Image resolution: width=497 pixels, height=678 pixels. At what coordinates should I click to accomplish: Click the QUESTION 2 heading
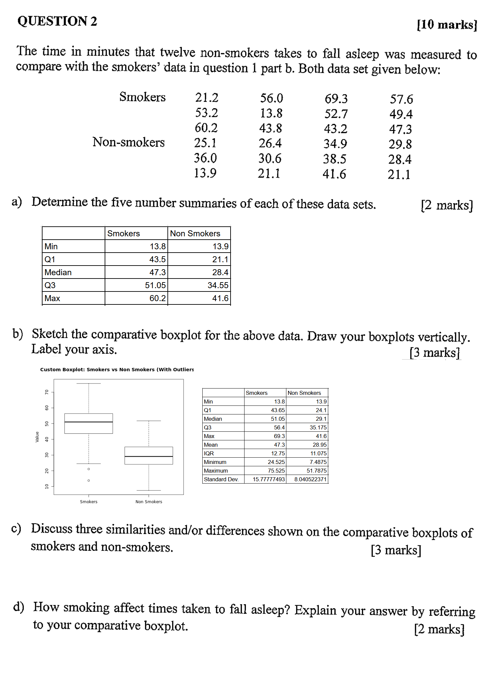[x=57, y=21]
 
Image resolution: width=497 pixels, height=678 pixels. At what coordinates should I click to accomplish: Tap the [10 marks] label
[x=447, y=25]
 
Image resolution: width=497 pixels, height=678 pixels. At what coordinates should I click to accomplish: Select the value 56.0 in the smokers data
[x=271, y=98]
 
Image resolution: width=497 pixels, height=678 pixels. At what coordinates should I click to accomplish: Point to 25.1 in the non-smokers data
[x=205, y=143]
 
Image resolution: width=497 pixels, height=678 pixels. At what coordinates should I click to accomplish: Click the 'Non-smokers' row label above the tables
[x=128, y=142]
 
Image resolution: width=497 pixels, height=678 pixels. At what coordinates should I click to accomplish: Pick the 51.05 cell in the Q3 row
[x=155, y=285]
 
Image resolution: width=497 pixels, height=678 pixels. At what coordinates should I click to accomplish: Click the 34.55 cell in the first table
[x=218, y=285]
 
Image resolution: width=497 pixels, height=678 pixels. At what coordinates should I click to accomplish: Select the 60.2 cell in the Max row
[x=157, y=298]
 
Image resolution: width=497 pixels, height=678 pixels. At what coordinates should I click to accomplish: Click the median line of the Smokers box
[x=89, y=422]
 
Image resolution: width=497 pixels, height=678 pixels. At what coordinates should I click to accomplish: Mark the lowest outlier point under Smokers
[x=89, y=480]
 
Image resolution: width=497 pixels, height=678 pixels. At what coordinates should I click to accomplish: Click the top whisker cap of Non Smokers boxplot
[x=149, y=421]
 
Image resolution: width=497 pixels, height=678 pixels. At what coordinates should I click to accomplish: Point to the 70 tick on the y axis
[x=47, y=392]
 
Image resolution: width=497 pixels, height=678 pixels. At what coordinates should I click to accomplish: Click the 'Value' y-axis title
[x=37, y=437]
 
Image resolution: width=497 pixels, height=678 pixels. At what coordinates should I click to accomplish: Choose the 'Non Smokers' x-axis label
[x=149, y=502]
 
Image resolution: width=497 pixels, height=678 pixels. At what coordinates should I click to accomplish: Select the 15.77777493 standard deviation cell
[x=268, y=479]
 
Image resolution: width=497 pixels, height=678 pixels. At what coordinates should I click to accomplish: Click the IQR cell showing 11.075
[x=318, y=453]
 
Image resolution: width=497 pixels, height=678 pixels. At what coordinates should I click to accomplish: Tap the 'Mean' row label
[x=211, y=445]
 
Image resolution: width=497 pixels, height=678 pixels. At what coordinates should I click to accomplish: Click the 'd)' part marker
[x=19, y=607]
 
